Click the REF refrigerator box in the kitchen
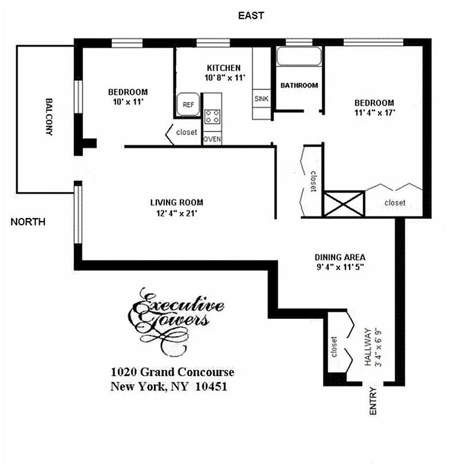point(188,104)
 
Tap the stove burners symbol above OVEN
point(213,117)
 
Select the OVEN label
point(212,139)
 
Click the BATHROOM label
point(299,85)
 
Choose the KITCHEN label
point(223,68)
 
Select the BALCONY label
point(49,117)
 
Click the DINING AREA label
point(340,257)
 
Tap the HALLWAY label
point(368,347)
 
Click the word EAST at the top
point(251,15)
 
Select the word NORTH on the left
point(28,222)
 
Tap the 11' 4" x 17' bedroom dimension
point(374,111)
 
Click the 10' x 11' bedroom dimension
point(127,102)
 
